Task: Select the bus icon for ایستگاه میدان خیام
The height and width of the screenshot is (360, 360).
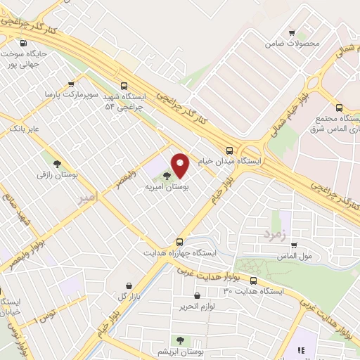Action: coord(229,150)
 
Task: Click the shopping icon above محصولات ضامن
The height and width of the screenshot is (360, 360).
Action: coord(292,32)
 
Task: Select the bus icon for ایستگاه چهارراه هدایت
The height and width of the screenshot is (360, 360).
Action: coord(180,241)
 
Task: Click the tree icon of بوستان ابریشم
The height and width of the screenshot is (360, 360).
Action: coord(181,340)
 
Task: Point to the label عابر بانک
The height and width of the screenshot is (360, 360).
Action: coord(24,129)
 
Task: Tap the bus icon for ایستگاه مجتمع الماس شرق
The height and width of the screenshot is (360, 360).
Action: coord(340,108)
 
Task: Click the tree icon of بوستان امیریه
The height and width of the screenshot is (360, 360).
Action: coord(167,176)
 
